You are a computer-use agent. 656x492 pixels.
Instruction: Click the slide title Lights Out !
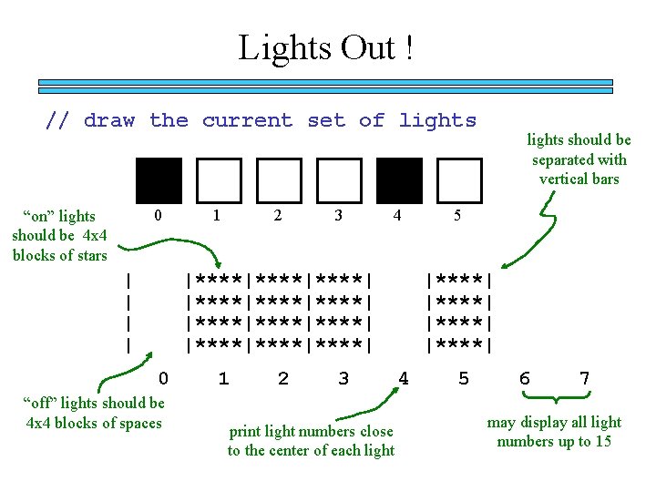click(x=326, y=47)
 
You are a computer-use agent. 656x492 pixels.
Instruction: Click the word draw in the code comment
click(x=109, y=120)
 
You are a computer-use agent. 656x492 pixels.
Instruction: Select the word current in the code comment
click(x=248, y=120)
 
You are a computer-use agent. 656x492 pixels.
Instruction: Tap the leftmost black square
click(x=159, y=179)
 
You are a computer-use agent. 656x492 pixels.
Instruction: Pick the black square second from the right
click(x=400, y=179)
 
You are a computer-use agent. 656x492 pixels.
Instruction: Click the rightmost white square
click(x=459, y=179)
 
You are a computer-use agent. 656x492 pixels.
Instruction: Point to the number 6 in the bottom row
click(x=524, y=378)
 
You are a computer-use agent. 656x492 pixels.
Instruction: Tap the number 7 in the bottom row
click(x=584, y=378)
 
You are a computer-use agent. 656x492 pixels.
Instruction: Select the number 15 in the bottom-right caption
click(x=602, y=442)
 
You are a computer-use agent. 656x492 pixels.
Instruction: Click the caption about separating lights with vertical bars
click(x=579, y=159)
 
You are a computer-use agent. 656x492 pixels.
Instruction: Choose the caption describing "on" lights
click(x=59, y=235)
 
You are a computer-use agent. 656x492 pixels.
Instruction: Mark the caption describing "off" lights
click(x=95, y=413)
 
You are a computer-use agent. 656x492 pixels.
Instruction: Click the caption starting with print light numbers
click(x=311, y=441)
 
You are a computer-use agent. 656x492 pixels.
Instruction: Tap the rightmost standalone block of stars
click(x=459, y=311)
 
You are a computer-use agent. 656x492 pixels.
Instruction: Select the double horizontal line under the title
click(x=325, y=87)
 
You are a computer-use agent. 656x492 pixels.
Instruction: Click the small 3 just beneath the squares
click(x=338, y=216)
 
